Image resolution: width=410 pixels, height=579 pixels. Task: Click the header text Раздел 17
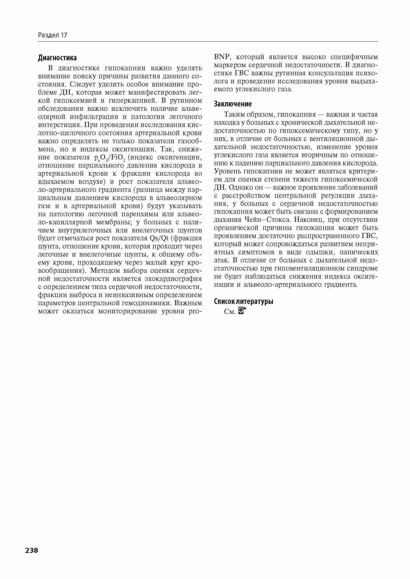point(52,35)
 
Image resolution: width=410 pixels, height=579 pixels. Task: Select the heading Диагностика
point(57,58)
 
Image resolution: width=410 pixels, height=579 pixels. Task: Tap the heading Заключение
point(233,104)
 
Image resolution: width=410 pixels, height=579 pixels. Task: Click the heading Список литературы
point(244,301)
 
